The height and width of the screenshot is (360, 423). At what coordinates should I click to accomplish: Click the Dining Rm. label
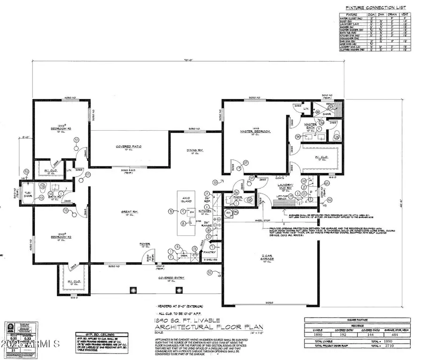[194, 149]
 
